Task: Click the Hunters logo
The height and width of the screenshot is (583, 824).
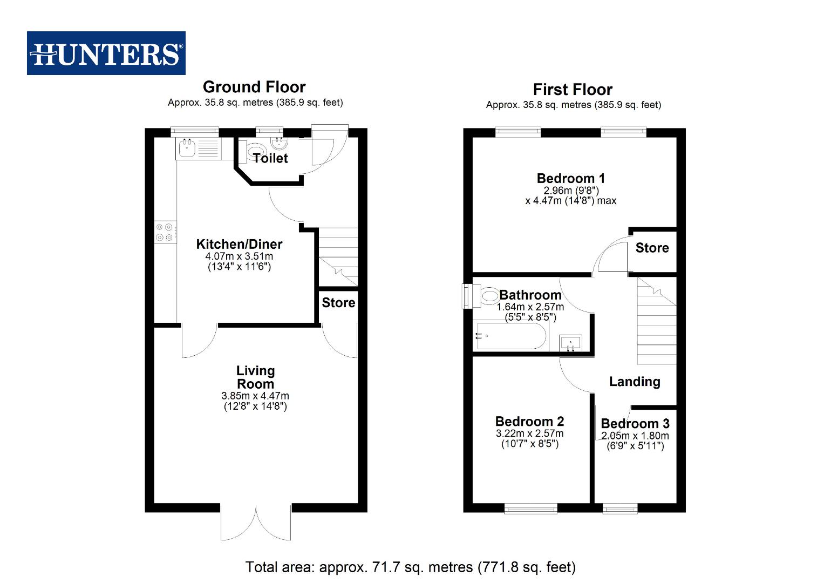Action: point(106,53)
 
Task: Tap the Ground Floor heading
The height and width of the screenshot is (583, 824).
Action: point(254,87)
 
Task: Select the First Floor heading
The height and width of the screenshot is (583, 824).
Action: point(573,90)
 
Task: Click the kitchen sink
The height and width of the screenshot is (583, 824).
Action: point(187,147)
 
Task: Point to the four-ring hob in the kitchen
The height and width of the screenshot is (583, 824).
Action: point(165,233)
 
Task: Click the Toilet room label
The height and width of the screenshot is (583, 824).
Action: point(270,158)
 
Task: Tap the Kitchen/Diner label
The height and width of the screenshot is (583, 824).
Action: point(239,244)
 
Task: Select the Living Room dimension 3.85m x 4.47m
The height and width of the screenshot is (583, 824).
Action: point(255,396)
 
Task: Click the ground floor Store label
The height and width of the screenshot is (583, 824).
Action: point(338,303)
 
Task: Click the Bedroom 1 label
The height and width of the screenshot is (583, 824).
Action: point(571,178)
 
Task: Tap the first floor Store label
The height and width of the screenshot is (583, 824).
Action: point(652,248)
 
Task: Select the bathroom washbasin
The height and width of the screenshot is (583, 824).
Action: point(570,342)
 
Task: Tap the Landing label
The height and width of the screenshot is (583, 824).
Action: point(635,382)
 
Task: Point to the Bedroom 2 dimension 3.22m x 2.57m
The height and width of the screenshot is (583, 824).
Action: point(529,433)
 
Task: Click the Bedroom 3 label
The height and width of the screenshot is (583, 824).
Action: point(635,424)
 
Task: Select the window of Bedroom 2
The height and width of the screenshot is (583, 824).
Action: point(531,508)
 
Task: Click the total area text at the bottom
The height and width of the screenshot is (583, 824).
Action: point(411,567)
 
